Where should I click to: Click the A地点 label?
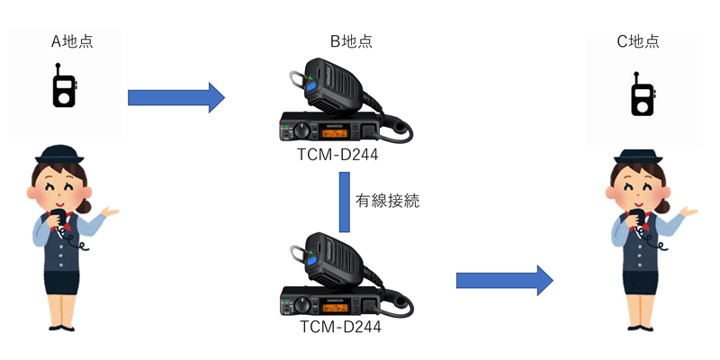[x=71, y=41]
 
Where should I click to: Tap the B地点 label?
[x=351, y=41]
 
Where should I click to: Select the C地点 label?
[x=638, y=41]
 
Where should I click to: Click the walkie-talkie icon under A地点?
[x=64, y=86]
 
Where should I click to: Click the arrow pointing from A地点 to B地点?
[x=175, y=96]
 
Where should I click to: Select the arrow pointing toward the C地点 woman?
[x=503, y=280]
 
